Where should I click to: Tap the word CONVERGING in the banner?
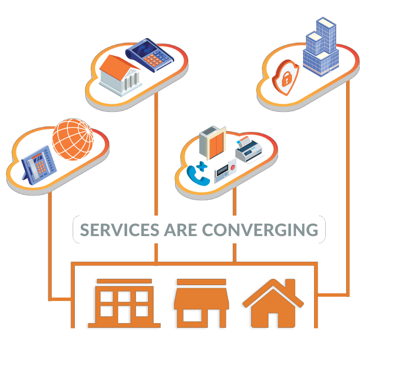[260, 230]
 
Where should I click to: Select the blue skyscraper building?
[320, 47]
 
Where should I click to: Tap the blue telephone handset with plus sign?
[198, 173]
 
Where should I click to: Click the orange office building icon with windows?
[124, 303]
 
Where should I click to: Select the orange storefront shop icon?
[201, 303]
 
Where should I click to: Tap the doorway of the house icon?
[273, 319]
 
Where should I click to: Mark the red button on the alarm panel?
[233, 167]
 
